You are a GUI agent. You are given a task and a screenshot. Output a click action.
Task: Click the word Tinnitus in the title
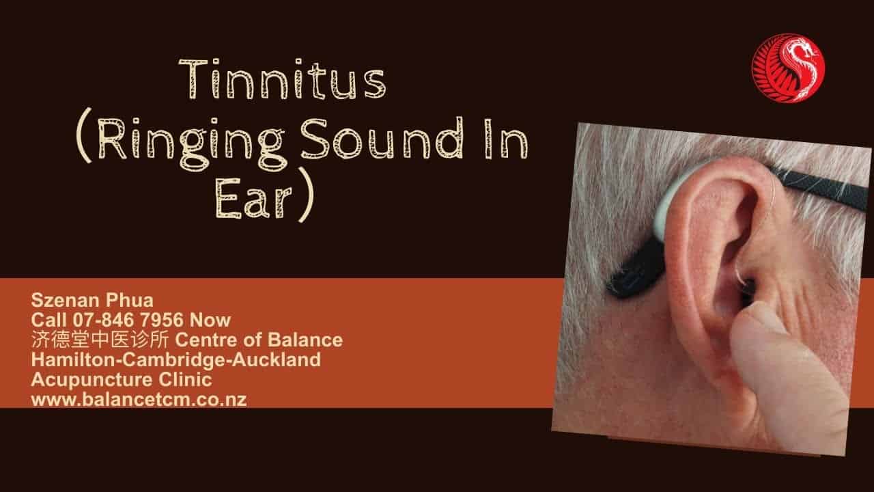pos(283,79)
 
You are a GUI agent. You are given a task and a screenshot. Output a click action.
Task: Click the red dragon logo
pos(788,68)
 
